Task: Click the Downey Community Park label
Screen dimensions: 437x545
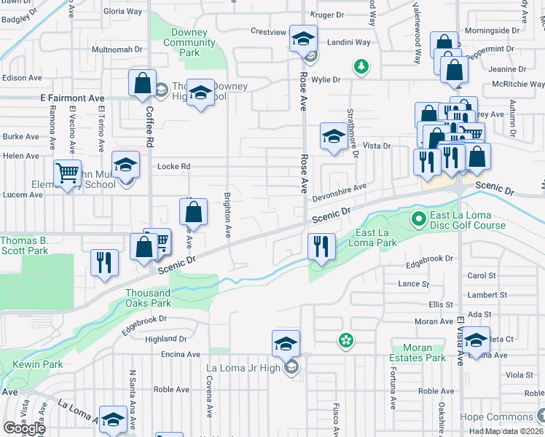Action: click(189, 42)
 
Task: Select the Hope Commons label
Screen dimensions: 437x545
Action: click(496, 417)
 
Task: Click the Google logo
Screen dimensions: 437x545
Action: click(24, 428)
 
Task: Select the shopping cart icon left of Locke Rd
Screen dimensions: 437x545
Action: click(67, 173)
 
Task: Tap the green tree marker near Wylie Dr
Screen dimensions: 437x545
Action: click(360, 67)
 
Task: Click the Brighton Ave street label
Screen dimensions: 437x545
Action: click(227, 210)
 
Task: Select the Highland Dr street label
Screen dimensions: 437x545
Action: click(166, 339)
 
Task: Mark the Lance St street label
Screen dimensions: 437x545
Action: click(409, 283)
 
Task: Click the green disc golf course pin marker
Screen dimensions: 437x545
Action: click(418, 218)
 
